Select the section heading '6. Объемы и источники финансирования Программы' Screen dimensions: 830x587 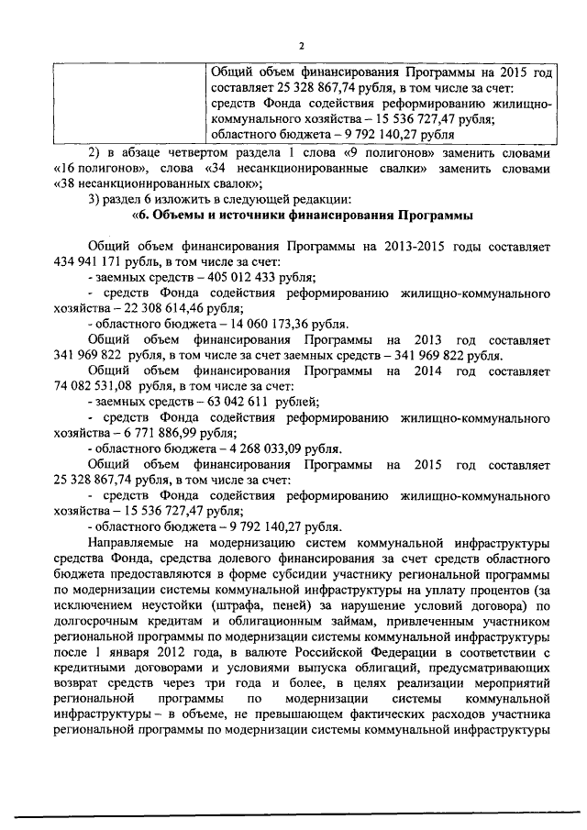coord(303,216)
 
